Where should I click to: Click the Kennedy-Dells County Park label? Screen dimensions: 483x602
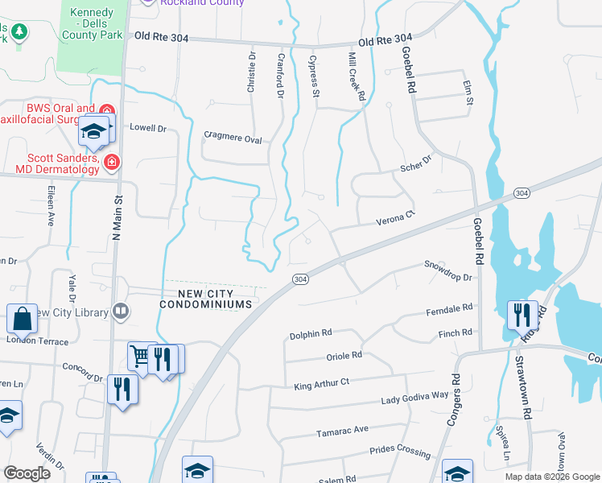(96, 23)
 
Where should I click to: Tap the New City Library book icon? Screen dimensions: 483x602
(121, 312)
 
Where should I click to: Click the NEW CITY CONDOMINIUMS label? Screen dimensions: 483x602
(206, 299)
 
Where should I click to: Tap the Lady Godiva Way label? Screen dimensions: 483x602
(414, 396)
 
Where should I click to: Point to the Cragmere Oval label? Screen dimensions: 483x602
(233, 138)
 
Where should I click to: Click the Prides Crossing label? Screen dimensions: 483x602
(400, 452)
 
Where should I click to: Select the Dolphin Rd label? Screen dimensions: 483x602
(311, 332)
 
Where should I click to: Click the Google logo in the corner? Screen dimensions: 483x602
(27, 473)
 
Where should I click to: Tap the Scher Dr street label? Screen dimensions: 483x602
(416, 163)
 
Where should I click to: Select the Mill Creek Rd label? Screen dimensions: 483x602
(357, 76)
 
